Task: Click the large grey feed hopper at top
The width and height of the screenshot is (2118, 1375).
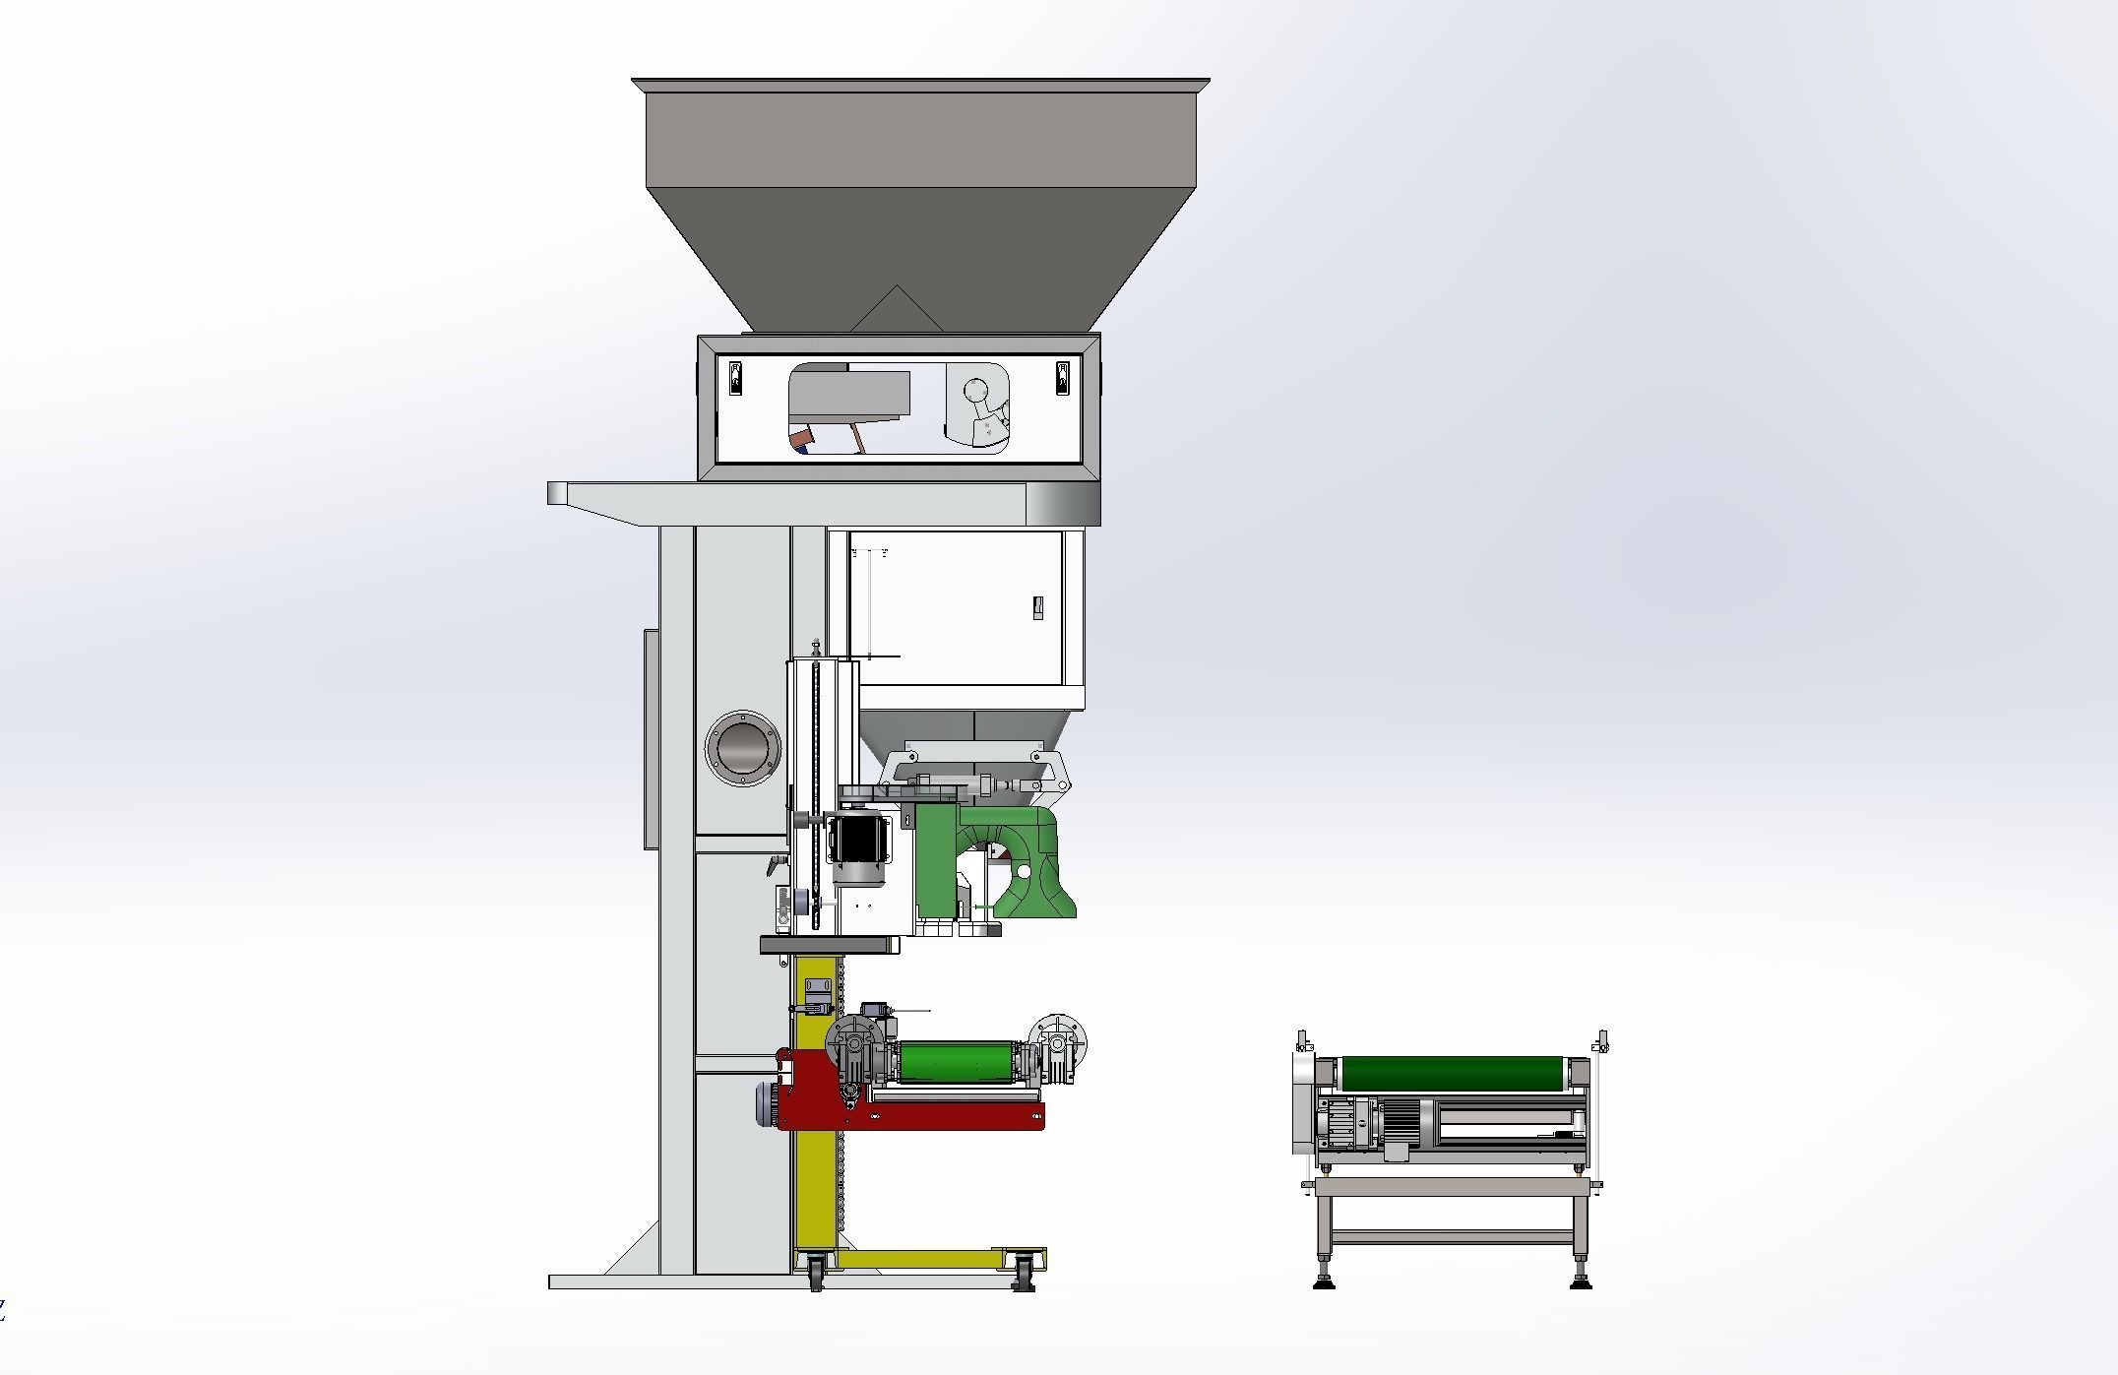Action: pyautogui.click(x=920, y=197)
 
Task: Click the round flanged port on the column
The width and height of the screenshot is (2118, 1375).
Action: pyautogui.click(x=743, y=748)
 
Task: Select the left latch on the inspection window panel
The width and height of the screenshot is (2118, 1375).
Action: pyautogui.click(x=735, y=378)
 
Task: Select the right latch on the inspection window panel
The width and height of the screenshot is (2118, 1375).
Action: pyautogui.click(x=1062, y=378)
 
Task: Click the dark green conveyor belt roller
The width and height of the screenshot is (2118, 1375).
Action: pyautogui.click(x=1452, y=1073)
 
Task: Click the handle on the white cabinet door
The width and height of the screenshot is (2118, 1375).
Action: pyautogui.click(x=1036, y=608)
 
